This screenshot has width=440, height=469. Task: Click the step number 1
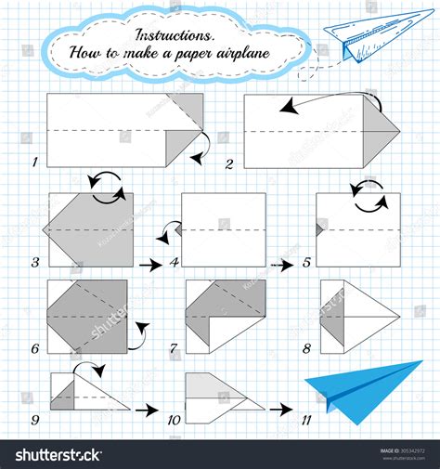(35, 162)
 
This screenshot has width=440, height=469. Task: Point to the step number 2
(229, 163)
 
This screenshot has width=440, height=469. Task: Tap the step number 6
(35, 349)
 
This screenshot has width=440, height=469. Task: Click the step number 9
(35, 420)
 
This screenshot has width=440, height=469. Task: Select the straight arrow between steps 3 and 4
(148, 265)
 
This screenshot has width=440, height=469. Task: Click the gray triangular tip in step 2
(382, 129)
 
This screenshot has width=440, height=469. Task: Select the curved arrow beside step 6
(139, 335)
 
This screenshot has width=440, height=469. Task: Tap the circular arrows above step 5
(361, 189)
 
